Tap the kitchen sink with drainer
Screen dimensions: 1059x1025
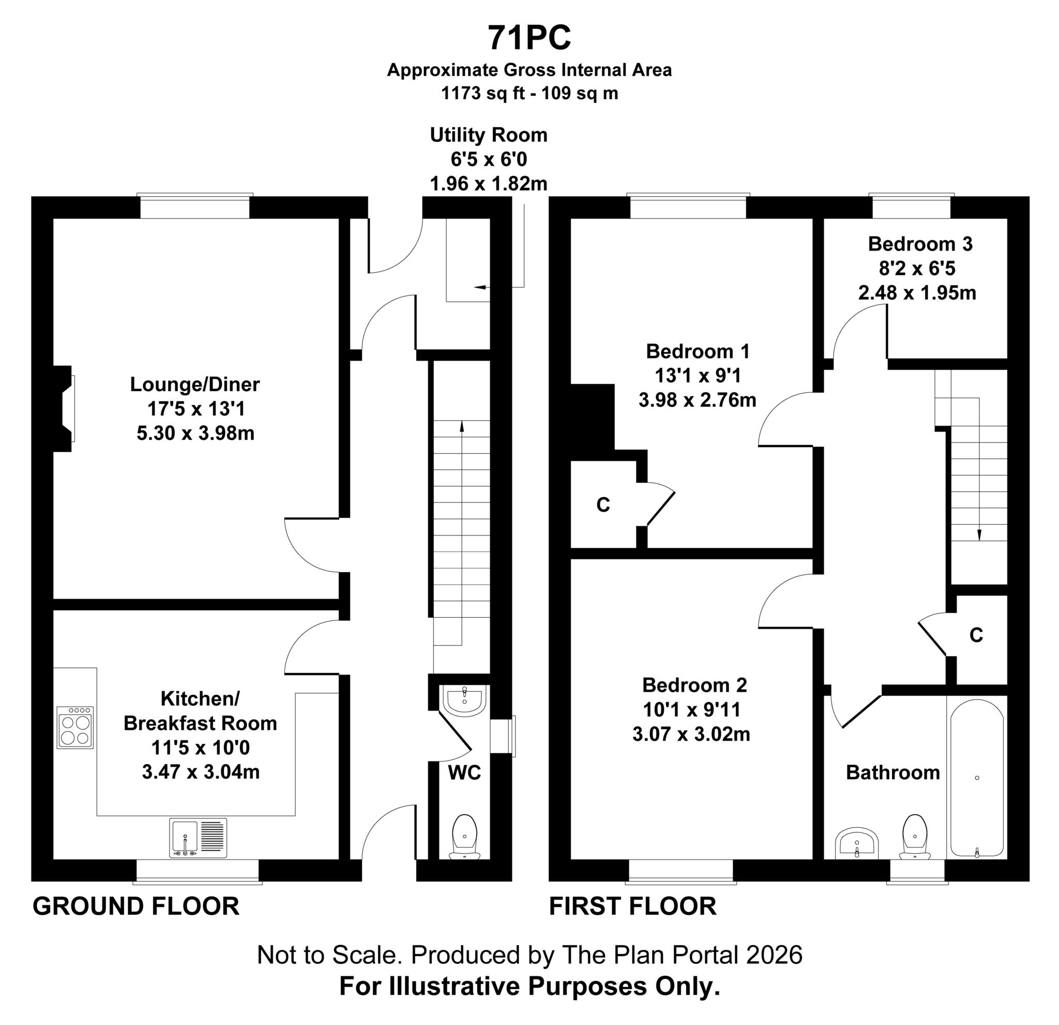click(198, 837)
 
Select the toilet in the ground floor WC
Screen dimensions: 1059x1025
click(464, 837)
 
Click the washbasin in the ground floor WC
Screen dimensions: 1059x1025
click(465, 700)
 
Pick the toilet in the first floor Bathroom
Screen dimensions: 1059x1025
click(914, 837)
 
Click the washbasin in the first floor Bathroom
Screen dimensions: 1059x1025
click(857, 843)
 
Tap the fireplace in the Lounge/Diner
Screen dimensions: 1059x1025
click(64, 409)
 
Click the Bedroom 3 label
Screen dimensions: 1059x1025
click(920, 244)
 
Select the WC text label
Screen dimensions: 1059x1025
click(464, 773)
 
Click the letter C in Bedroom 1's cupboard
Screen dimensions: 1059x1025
click(603, 505)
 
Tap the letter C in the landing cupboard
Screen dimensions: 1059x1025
click(976, 635)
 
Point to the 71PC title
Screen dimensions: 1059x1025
click(529, 38)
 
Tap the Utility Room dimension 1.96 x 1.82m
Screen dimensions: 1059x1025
click(489, 184)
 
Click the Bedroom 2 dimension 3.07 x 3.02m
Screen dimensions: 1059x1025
click(691, 734)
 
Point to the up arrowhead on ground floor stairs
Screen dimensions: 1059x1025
click(461, 426)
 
